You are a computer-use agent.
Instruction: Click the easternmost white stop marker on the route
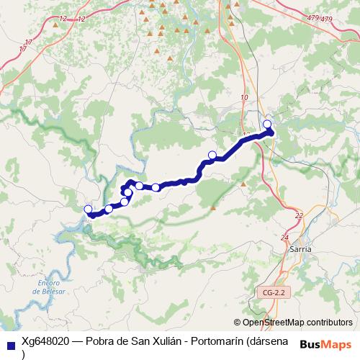point(268,125)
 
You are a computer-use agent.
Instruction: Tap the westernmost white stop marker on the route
point(89,210)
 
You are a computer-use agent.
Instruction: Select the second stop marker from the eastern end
point(212,155)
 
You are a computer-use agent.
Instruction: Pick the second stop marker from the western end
point(109,209)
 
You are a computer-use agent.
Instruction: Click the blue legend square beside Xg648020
point(10,345)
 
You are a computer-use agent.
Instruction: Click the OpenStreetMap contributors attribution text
point(297,323)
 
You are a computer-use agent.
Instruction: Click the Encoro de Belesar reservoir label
point(45,287)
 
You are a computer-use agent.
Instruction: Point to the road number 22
point(300,215)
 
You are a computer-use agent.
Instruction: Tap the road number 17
point(23,48)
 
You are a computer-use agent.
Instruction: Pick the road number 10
point(245,97)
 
